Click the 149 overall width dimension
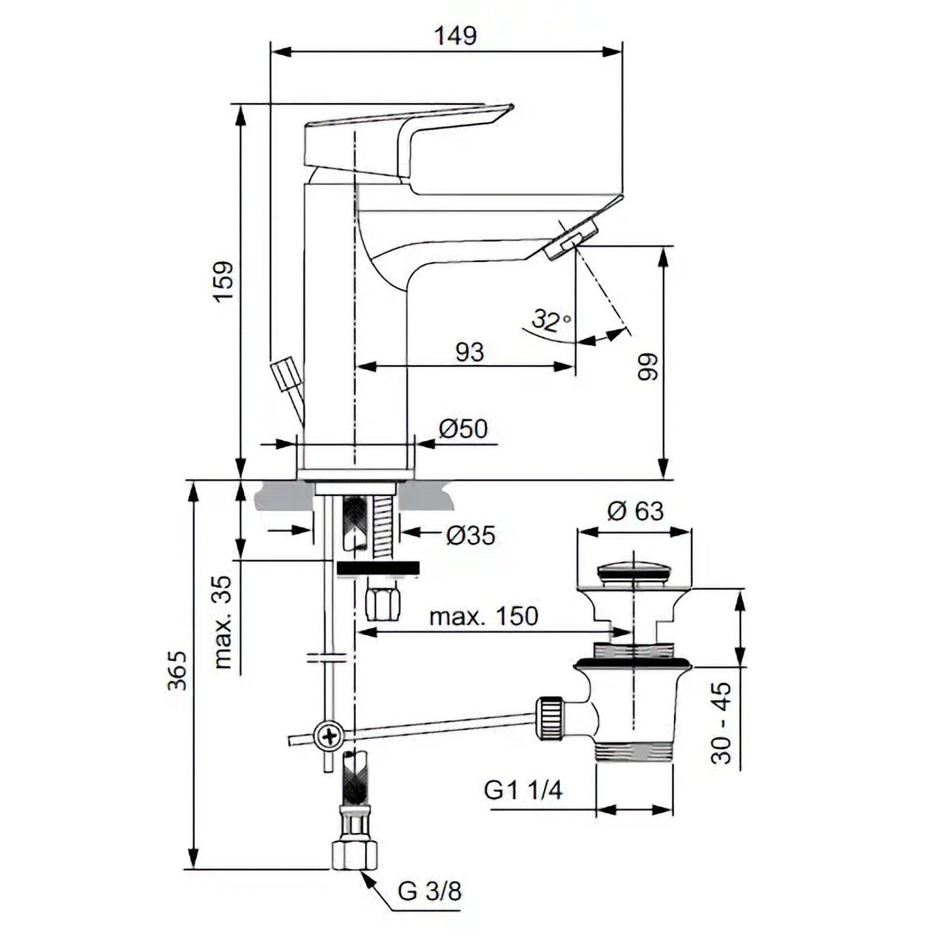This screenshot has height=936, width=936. coord(455,36)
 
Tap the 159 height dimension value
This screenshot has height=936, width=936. coord(223,281)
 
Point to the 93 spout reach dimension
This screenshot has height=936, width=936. coord(470,352)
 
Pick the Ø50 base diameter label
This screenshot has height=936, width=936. coord(463,429)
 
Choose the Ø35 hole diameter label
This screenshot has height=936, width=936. coord(470,535)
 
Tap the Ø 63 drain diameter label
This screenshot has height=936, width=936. coord(636,511)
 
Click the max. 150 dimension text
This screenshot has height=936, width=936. coord(483,616)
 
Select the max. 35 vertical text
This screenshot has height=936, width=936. coord(223,622)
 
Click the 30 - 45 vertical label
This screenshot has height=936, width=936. coord(721,723)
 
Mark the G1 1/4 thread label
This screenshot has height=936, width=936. coord(523,790)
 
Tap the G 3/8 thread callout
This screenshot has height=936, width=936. coord(429,891)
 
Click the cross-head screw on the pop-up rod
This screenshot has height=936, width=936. coord(330,735)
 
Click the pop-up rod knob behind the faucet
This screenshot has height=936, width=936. coord(285,375)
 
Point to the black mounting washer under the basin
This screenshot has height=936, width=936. coord(378,568)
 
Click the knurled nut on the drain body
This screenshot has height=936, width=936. coord(551,718)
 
